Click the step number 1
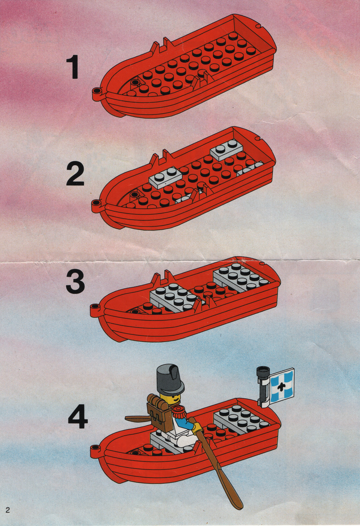pos(73,67)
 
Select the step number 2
pos(75,174)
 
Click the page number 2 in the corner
pos(7,510)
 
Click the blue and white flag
pos(282,385)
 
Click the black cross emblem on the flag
pos(281,386)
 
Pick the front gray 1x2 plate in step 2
pos(166,177)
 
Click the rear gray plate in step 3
pos(241,277)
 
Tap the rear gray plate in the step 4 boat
pos(241,419)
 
